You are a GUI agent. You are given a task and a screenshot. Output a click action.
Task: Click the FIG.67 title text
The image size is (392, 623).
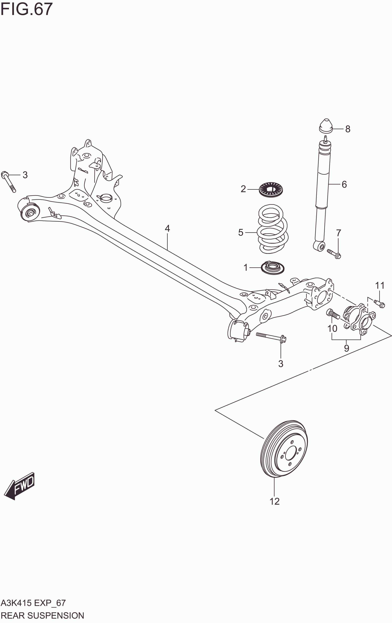click(x=26, y=9)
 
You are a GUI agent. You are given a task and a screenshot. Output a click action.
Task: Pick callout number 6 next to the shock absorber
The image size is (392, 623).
click(x=344, y=184)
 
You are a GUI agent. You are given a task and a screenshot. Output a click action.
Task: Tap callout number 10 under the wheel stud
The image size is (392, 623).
click(x=332, y=329)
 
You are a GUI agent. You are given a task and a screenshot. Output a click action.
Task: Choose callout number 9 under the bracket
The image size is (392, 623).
click(x=347, y=348)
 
